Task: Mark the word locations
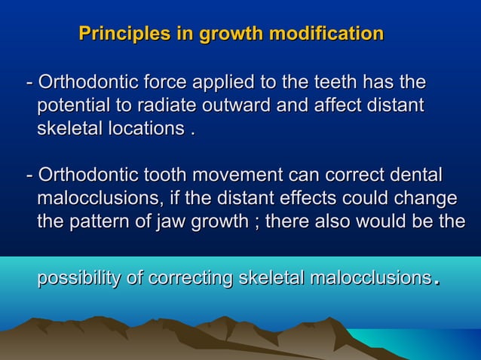click(140, 128)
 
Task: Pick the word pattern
click(99, 222)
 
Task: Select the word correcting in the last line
click(190, 278)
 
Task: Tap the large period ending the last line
click(436, 282)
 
